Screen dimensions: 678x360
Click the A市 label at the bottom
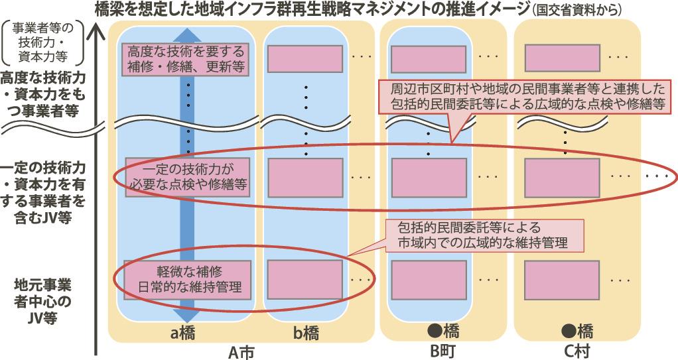241,352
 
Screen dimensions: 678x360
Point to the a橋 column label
182,333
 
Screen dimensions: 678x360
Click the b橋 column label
306,333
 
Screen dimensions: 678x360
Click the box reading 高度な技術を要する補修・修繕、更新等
186,59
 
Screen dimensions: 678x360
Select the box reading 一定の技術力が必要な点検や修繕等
188,177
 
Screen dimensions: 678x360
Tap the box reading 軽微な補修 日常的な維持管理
187,279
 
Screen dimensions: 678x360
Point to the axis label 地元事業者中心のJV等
42,302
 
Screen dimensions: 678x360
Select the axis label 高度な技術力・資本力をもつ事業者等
42,95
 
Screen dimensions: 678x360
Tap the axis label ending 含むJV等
42,192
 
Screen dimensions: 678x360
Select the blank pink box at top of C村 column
562,58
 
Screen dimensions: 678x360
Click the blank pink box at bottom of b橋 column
305,279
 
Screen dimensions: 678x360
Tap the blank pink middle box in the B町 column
429,178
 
